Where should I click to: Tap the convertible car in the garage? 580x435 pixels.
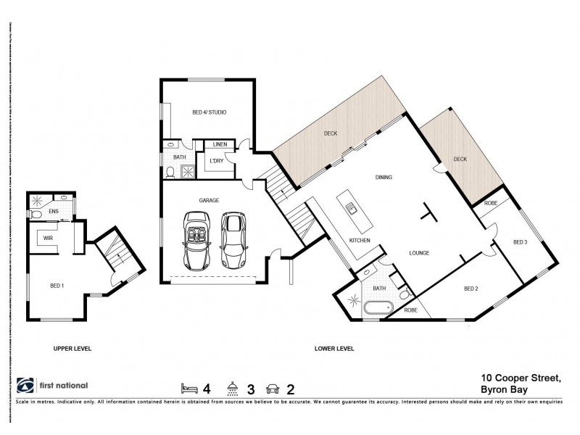point(195,238)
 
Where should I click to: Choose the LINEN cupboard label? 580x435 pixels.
point(220,145)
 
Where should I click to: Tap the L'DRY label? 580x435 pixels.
point(216,160)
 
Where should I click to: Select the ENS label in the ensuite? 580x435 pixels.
point(53,212)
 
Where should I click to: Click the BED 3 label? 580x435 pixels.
point(521,241)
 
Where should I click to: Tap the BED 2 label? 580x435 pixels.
point(472,289)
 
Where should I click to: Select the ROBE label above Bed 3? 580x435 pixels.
point(490,204)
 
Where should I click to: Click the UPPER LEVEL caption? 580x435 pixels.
point(72,349)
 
